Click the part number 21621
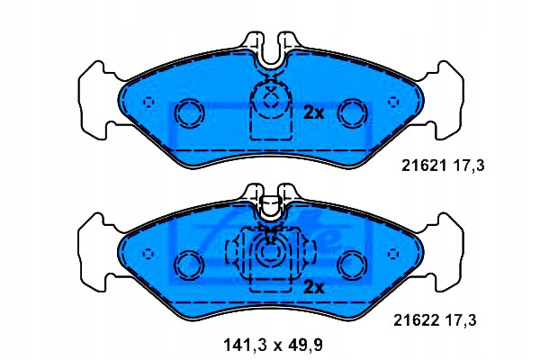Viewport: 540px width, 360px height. tap(424, 166)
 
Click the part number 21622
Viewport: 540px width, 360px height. tap(417, 320)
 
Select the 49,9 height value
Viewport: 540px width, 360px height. tap(305, 345)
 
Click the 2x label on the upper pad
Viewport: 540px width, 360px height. tap(313, 112)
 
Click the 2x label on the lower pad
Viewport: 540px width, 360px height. tap(314, 286)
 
